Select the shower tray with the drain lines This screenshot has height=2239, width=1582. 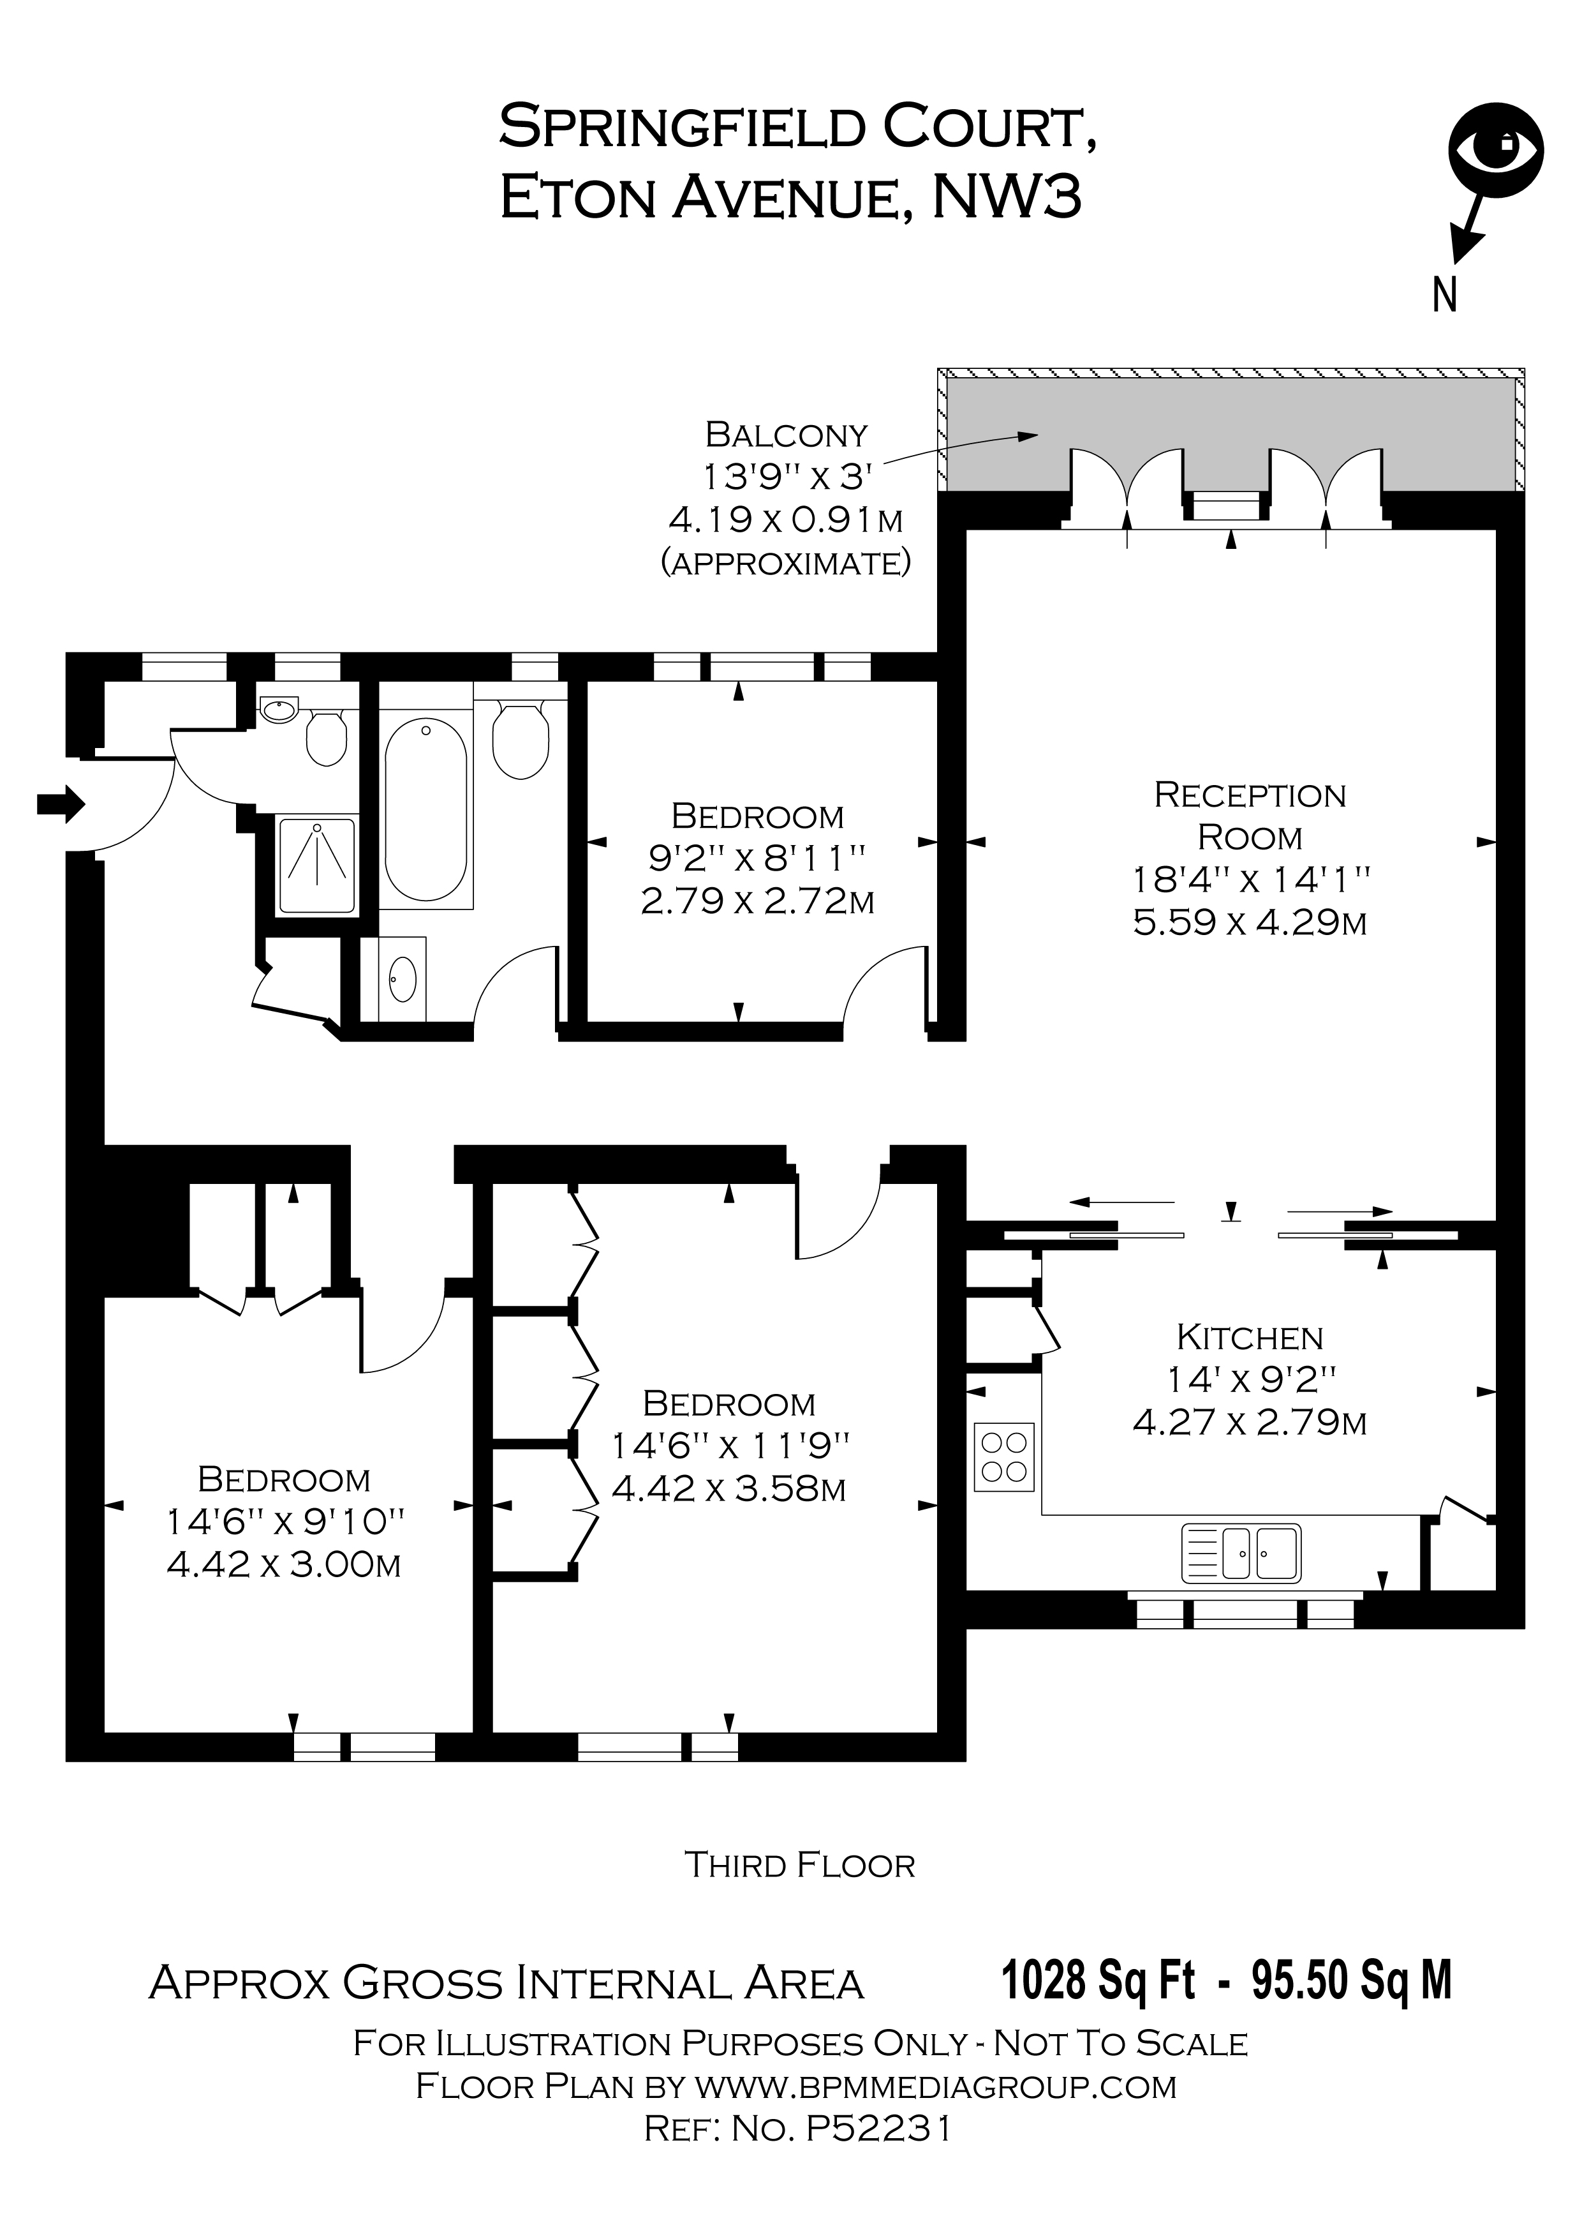(x=318, y=865)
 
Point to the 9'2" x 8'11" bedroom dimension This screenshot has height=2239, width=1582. (x=757, y=858)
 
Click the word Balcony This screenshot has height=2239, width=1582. (x=786, y=434)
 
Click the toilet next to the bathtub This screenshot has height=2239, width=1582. (x=521, y=741)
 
